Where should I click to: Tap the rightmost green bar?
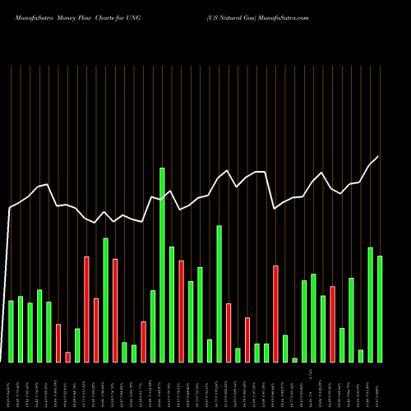click(x=380, y=309)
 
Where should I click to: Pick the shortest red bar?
click(x=68, y=357)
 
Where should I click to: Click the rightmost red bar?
click(x=332, y=324)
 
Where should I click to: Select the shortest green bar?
click(x=295, y=360)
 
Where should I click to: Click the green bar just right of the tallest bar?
click(x=171, y=304)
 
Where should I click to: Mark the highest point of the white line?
click(x=378, y=156)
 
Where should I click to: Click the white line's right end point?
click(x=378, y=156)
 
